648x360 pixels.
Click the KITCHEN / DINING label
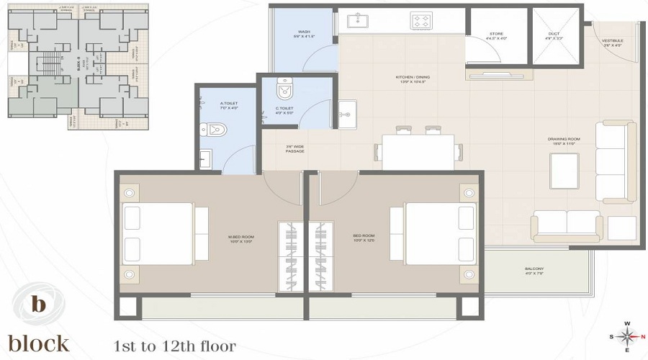click(411, 78)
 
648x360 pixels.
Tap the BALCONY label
click(534, 271)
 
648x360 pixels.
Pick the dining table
click(418, 152)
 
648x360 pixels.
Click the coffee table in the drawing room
click(564, 171)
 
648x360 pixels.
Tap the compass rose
click(628, 336)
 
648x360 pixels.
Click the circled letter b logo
click(39, 304)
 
